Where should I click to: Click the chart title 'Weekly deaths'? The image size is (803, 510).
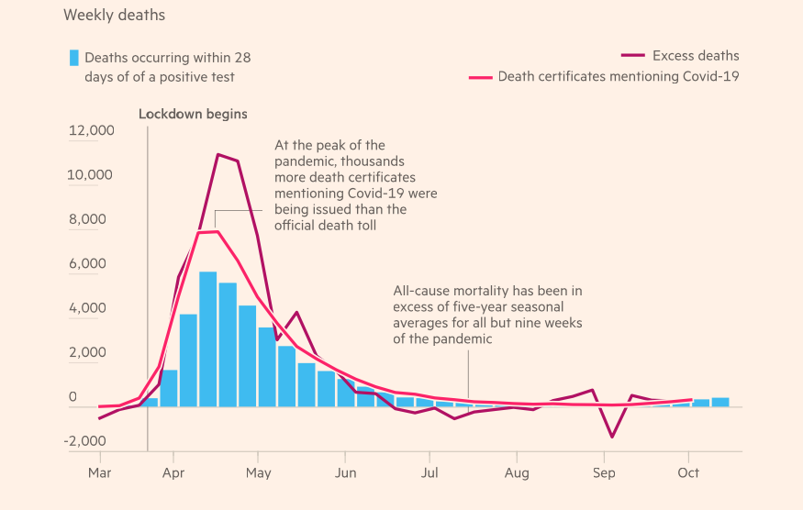coord(115,16)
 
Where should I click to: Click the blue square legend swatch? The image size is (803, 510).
coord(73,57)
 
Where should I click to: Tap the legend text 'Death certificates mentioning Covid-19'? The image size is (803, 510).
coord(619,76)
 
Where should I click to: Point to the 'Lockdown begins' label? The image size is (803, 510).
coord(193,115)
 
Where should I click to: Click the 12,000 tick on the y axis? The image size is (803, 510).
coord(92,130)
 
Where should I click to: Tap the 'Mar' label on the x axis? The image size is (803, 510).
coord(99,473)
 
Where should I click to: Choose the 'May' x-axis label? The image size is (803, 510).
coord(259,473)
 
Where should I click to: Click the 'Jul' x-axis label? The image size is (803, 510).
coord(429,473)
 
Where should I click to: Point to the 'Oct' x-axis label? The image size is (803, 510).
coord(688,473)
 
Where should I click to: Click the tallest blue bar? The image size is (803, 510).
coord(208,339)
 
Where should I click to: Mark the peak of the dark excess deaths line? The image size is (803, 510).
coord(217,154)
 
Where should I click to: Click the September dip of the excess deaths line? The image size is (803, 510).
coord(612,437)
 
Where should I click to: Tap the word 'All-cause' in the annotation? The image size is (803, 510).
coord(422,291)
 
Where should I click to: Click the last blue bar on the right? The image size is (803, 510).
coord(720,402)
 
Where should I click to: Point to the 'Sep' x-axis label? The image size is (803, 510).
coord(604,473)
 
